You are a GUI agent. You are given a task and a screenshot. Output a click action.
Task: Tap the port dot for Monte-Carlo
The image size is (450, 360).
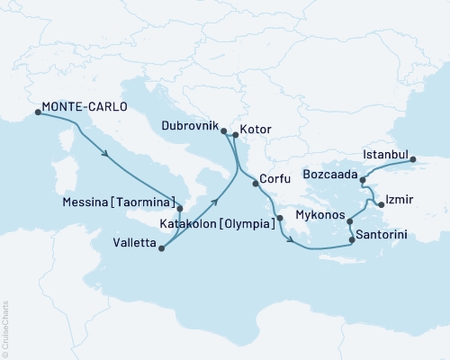(38, 112)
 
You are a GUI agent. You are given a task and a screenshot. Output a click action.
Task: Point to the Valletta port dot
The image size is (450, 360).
(161, 247)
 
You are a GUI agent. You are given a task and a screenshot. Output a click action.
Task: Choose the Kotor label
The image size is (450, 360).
(256, 130)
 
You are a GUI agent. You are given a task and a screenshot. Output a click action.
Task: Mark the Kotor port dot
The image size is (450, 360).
(234, 135)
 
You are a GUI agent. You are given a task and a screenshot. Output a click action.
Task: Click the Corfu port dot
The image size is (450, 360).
(256, 184)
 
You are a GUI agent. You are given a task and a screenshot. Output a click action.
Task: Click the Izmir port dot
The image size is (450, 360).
(382, 205)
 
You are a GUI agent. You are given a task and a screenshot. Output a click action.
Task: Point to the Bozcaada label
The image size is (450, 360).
(330, 171)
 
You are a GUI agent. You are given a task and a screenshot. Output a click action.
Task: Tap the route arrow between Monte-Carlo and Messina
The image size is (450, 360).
(109, 154)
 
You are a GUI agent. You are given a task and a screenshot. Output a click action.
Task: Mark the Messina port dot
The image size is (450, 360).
(180, 207)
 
